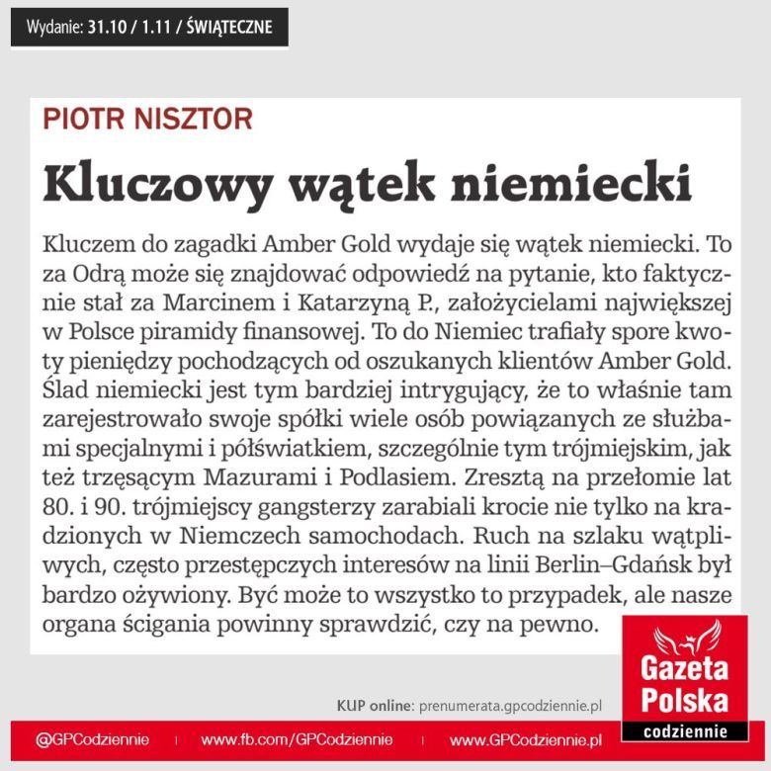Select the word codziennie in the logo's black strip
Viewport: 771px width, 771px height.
pyautogui.click(x=683, y=731)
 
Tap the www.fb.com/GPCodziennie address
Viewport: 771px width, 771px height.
pyautogui.click(x=297, y=739)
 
